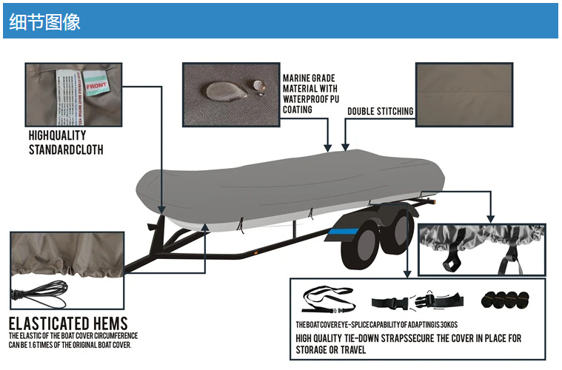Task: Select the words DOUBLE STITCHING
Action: (x=380, y=112)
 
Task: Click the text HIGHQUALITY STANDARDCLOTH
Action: (x=66, y=142)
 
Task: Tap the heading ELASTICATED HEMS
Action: (x=68, y=323)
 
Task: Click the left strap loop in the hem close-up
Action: (x=450, y=260)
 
